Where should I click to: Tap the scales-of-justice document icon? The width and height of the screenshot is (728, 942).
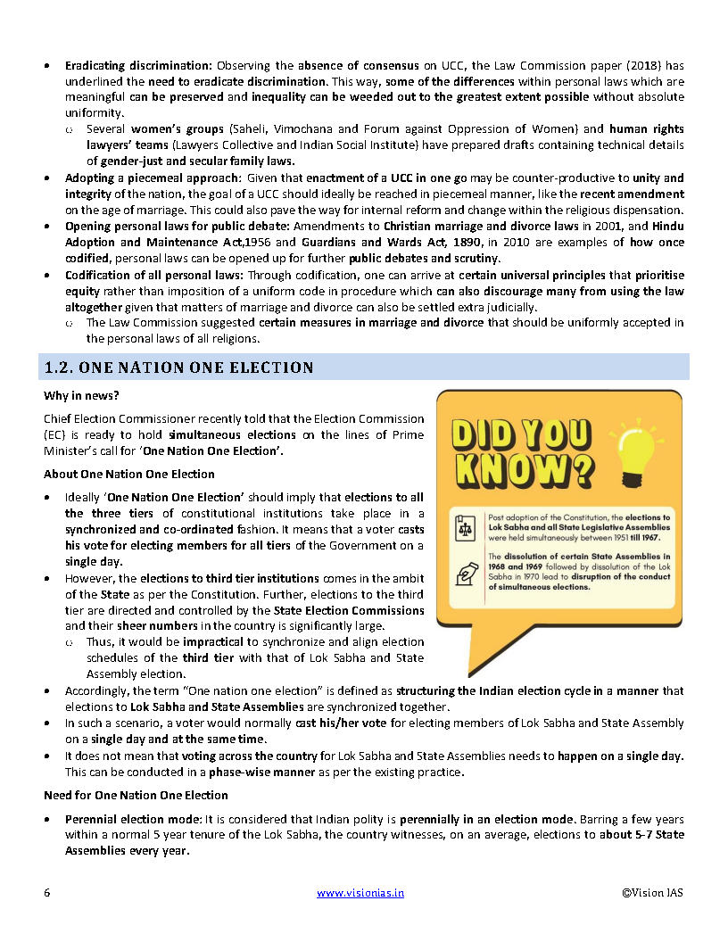(x=466, y=526)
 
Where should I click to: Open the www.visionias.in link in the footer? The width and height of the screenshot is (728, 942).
(x=360, y=892)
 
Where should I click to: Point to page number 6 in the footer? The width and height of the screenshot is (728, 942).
(x=46, y=892)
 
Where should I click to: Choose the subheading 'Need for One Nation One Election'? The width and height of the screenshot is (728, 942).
(x=136, y=795)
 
